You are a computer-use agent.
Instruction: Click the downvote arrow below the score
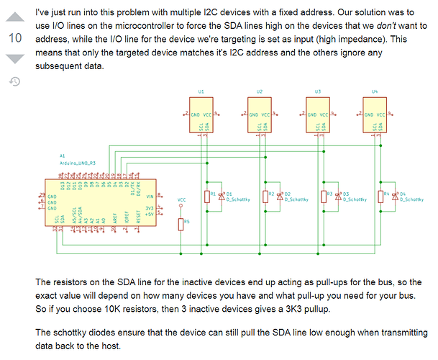click(14, 58)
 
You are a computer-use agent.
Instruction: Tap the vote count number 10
click(14, 37)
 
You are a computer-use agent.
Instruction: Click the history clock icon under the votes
click(14, 81)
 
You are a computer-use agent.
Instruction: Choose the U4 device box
click(375, 119)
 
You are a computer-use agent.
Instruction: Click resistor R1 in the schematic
click(206, 197)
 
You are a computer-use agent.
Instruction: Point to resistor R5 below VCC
click(181, 225)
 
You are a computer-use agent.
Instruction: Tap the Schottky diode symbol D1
click(221, 196)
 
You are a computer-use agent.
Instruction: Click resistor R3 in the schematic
click(323, 197)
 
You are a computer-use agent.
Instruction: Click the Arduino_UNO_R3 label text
click(78, 163)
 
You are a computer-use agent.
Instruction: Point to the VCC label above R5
click(181, 199)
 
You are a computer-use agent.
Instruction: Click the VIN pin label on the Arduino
click(150, 196)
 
